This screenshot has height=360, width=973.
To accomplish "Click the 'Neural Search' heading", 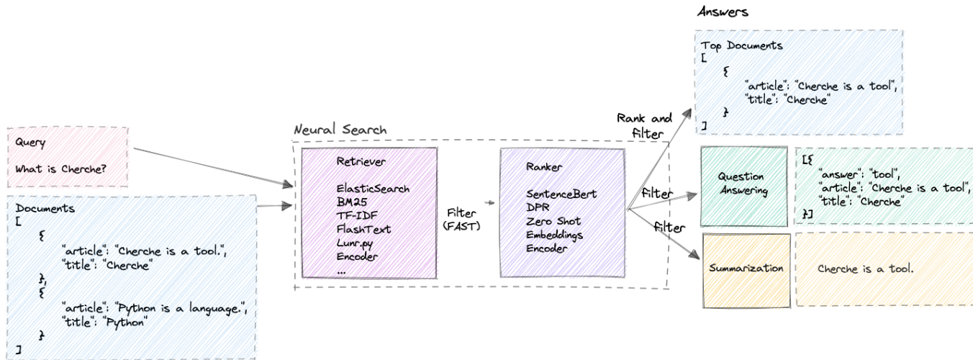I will (x=340, y=130).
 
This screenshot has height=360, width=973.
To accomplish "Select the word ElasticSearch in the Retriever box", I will (x=373, y=189).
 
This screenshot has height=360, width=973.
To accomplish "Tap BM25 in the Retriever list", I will (x=353, y=203).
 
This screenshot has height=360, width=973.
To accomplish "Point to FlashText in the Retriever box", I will (x=363, y=230).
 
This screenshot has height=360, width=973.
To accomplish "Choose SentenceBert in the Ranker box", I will (x=562, y=194).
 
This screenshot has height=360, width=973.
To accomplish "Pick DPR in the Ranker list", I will (x=538, y=207).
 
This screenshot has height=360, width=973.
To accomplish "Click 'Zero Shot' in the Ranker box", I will (x=553, y=221).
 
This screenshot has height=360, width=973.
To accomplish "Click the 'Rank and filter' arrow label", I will (x=644, y=125).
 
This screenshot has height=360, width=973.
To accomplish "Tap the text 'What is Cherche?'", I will (x=57, y=170).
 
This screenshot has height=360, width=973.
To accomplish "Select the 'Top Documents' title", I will (x=742, y=45).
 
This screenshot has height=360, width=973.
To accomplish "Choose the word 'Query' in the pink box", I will (x=30, y=143).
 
